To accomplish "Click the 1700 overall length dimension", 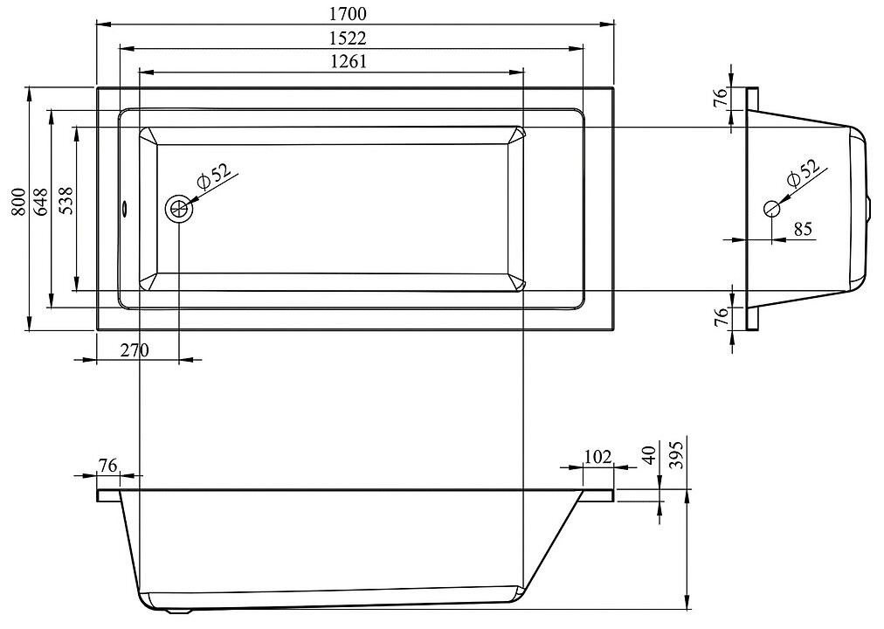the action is coord(348,14).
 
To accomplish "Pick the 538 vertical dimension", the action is coord(65,209).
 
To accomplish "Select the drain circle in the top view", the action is coord(179,209).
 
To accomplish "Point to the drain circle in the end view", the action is coord(772,209).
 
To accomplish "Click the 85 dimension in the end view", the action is coord(803,229).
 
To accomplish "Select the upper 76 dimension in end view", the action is coord(722,98).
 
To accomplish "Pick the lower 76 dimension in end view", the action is coord(722,317).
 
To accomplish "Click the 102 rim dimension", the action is coord(597,456).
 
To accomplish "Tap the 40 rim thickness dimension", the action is coord(647,457).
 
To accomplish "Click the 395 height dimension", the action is coord(675,455).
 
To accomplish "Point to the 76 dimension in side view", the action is coord(107,466).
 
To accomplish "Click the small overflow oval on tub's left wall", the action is coord(124,209).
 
